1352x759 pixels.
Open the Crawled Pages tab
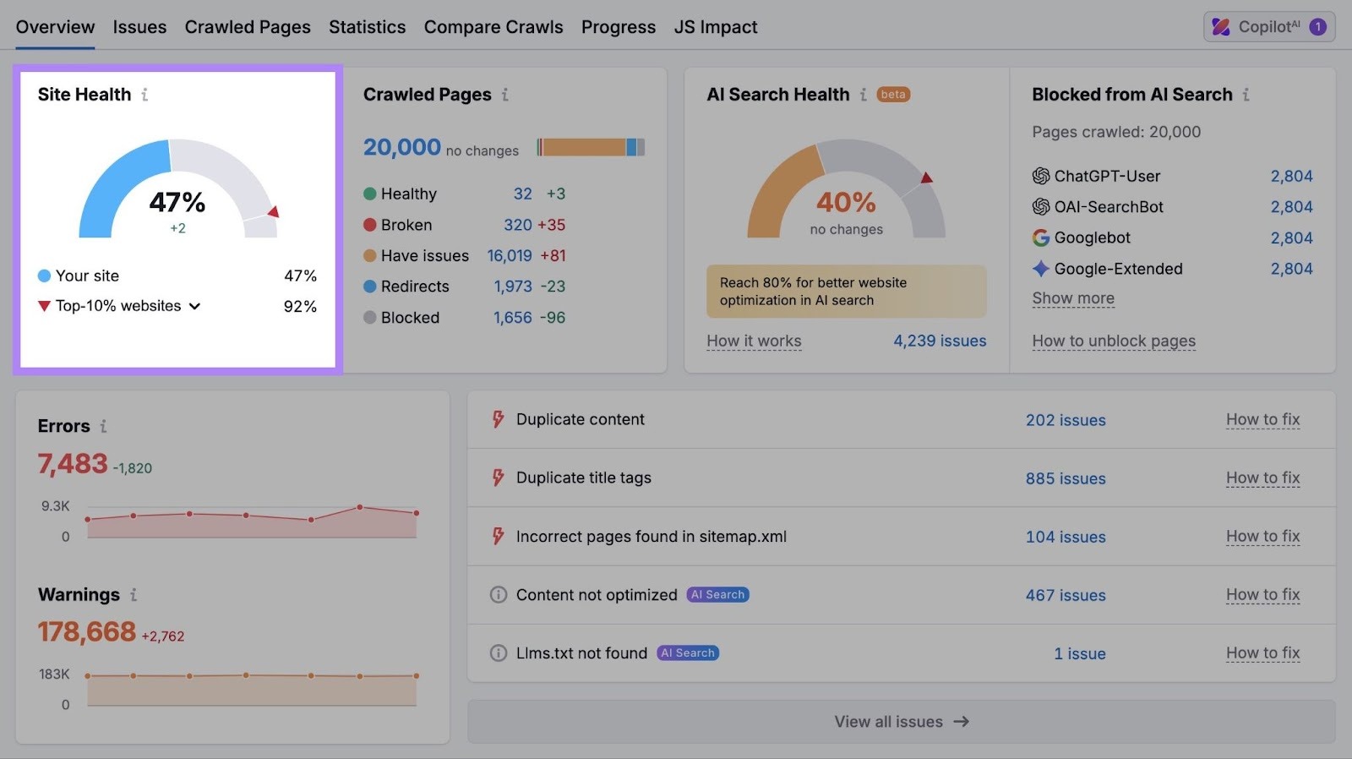click(x=248, y=27)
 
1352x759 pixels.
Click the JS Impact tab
click(x=715, y=27)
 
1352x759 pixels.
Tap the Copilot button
click(x=1268, y=27)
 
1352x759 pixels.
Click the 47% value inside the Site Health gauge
click(x=177, y=202)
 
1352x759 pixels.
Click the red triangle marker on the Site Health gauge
click(x=273, y=211)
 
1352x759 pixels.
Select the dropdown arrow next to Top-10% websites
click(x=195, y=306)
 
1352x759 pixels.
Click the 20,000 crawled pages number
click(x=402, y=148)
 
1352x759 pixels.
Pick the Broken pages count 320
click(x=517, y=225)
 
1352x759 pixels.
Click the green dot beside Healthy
click(x=369, y=194)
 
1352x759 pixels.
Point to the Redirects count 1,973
click(x=513, y=287)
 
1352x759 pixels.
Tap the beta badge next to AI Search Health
click(x=893, y=95)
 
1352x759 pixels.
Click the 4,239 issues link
click(x=940, y=341)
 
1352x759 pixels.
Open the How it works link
click(x=754, y=341)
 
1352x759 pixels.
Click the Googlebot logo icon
click(x=1041, y=238)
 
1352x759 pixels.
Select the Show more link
click(x=1072, y=298)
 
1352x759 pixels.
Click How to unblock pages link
click(x=1113, y=341)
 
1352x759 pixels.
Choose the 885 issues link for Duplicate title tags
click(x=1065, y=478)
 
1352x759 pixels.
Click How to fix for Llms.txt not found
click(x=1262, y=653)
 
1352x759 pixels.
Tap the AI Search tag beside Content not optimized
click(x=717, y=595)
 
